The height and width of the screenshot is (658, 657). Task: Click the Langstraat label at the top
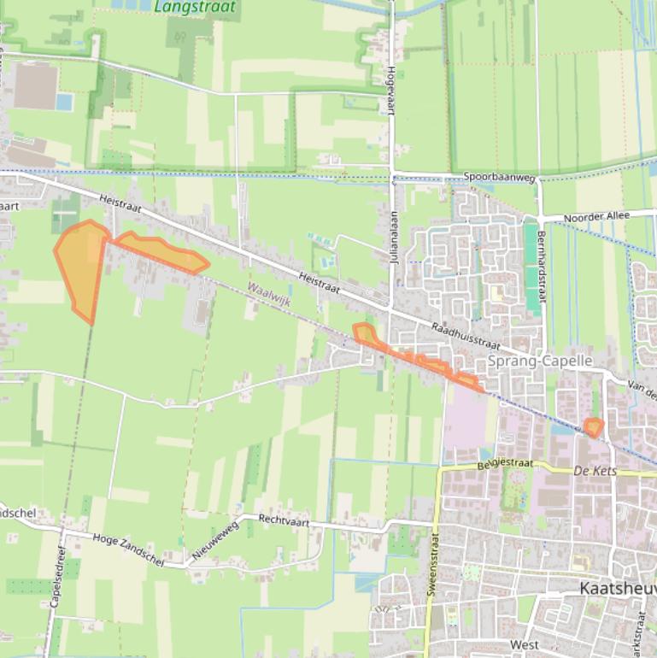pos(196,7)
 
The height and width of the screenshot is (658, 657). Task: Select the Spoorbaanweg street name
pos(499,178)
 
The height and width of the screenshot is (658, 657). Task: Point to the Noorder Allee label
pos(596,216)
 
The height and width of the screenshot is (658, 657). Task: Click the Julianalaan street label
pos(394,240)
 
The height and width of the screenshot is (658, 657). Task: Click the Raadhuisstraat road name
pos(464,337)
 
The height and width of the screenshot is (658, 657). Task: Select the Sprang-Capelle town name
pos(540,361)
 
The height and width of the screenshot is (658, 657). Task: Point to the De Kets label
pos(595,471)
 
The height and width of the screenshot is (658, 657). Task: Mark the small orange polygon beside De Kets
pos(594,426)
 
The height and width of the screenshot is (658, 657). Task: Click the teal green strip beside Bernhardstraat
pos(532,267)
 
